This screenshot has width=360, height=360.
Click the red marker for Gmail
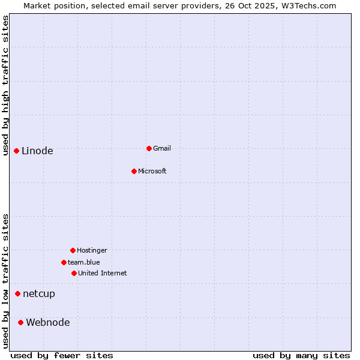tap(149, 148)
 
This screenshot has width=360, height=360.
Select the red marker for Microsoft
tap(134, 171)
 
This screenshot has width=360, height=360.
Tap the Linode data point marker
tap(16, 151)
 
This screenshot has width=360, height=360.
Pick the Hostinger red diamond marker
tap(73, 250)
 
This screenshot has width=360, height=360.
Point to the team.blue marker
tap(64, 262)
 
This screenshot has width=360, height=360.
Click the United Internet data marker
tap(74, 273)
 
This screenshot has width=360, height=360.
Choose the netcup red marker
tap(17, 293)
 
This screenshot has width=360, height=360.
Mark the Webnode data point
tap(20, 322)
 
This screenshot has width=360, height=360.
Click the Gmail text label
tap(162, 148)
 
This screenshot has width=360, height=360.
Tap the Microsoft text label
tap(152, 171)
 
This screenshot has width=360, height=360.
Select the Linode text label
tap(37, 151)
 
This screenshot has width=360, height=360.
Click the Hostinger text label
tap(92, 250)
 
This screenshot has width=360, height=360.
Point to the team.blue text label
tap(84, 262)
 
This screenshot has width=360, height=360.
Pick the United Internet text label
tap(103, 273)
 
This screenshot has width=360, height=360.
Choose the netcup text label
tap(39, 294)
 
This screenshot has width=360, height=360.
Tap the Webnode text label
tap(48, 323)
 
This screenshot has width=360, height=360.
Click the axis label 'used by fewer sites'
tap(62, 355)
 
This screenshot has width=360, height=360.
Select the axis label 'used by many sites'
tap(301, 355)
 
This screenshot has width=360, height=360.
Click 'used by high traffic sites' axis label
tap(5, 85)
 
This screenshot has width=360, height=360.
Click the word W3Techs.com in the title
tap(307, 5)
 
